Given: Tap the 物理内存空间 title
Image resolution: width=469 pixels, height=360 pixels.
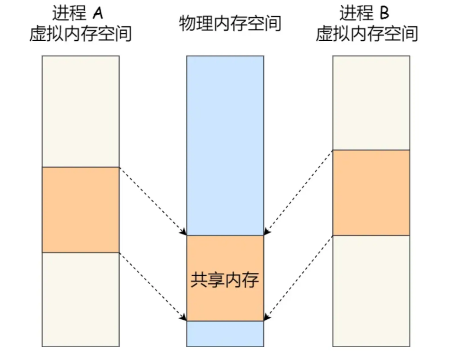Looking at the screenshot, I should (230, 23).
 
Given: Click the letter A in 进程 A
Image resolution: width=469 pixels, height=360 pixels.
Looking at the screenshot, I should (97, 13).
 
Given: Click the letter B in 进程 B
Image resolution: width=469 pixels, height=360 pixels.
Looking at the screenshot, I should (384, 13).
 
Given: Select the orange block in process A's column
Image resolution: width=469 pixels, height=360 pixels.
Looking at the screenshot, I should (80, 209).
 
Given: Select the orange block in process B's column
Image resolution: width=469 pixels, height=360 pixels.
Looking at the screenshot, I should (371, 192).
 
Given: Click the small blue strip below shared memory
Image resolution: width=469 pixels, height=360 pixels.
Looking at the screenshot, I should (225, 333).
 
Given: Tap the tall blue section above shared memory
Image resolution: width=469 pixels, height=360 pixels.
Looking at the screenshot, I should (225, 144).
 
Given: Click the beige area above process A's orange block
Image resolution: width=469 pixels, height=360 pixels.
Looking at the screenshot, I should (80, 111).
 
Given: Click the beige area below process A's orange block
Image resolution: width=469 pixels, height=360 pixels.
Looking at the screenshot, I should (80, 299).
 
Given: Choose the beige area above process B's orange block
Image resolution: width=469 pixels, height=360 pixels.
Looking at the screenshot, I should (371, 102).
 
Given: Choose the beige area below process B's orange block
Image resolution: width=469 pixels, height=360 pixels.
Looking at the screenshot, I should (371, 290).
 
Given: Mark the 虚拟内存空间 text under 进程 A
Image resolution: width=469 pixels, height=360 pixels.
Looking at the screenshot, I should (80, 34).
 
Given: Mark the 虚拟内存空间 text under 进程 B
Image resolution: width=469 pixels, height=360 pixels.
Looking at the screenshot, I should (367, 34).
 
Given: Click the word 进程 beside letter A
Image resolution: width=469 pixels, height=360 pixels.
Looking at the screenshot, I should (69, 13).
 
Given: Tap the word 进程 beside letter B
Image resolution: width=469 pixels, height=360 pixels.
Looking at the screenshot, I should (355, 13).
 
